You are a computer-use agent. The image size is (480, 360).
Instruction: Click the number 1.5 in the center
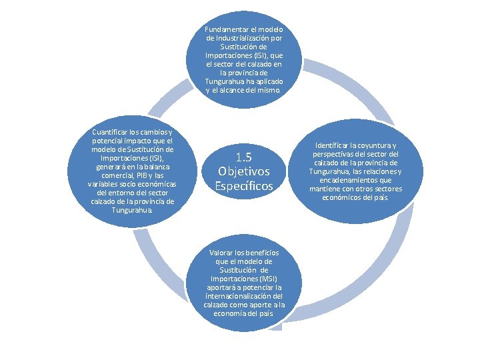pyautogui.click(x=244, y=157)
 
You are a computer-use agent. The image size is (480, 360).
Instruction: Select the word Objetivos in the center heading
pyautogui.click(x=244, y=171)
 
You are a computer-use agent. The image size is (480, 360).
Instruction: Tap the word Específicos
pyautogui.click(x=244, y=186)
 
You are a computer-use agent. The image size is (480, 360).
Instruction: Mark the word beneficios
pyautogui.click(x=261, y=253)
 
